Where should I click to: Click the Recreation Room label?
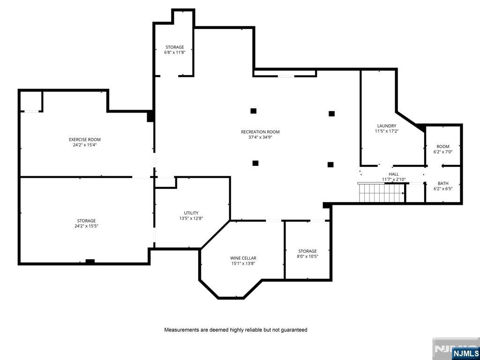click(260, 132)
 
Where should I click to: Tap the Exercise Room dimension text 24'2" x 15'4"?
click(85, 145)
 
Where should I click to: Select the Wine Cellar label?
click(243, 258)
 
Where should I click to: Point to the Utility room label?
click(191, 213)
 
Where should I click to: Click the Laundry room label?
click(387, 126)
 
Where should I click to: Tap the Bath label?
click(443, 183)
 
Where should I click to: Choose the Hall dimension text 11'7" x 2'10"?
click(394, 180)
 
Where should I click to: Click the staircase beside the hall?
click(382, 193)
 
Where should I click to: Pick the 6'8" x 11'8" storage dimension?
click(175, 52)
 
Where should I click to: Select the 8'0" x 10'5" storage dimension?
click(307, 256)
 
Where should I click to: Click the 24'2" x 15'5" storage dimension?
click(86, 226)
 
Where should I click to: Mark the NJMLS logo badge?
click(465, 352)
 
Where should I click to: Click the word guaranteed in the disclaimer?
click(295, 330)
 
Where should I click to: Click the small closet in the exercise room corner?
click(31, 101)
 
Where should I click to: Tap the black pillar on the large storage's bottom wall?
click(90, 262)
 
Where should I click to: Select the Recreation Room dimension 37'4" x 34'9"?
click(260, 137)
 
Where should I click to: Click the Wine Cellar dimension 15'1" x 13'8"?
click(243, 263)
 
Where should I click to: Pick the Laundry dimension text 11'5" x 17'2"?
click(387, 131)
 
